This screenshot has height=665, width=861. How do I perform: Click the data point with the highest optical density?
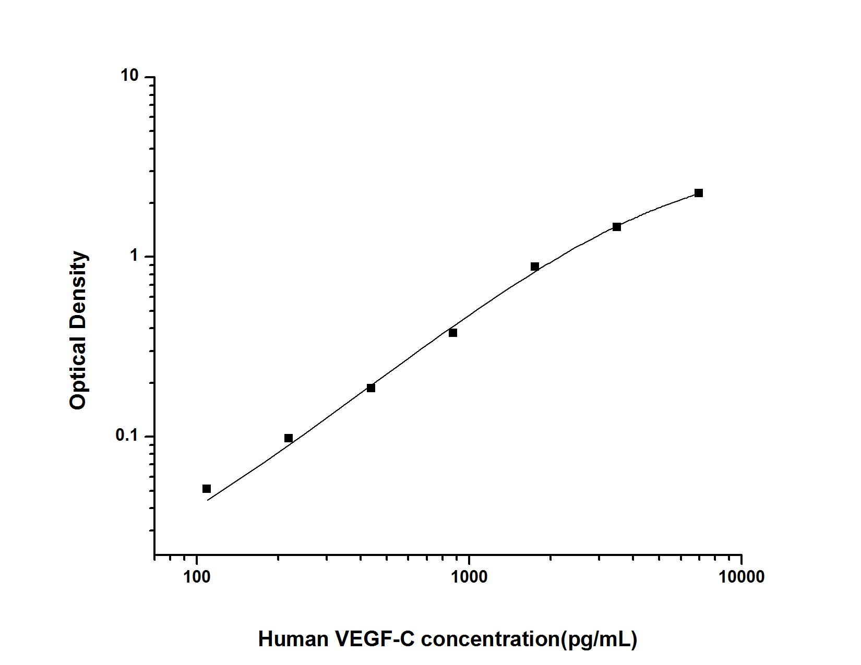click(x=699, y=193)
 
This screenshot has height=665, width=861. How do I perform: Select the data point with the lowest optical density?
click(x=207, y=489)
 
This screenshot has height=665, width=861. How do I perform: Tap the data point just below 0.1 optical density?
click(x=289, y=438)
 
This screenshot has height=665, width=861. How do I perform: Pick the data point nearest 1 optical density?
click(x=535, y=267)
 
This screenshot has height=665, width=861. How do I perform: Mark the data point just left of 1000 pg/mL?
click(x=453, y=333)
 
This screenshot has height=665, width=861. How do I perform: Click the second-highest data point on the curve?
click(x=617, y=227)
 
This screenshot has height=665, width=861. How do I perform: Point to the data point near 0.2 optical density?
click(x=371, y=388)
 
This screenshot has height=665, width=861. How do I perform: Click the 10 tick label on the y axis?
click(x=130, y=76)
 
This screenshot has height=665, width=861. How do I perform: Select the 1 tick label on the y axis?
click(x=135, y=256)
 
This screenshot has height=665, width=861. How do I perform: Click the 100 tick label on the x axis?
click(x=196, y=577)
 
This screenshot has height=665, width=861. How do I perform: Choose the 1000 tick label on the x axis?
click(x=469, y=577)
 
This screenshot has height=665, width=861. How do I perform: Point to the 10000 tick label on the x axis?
click(x=741, y=577)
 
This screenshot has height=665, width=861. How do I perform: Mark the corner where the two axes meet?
click(x=155, y=554)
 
